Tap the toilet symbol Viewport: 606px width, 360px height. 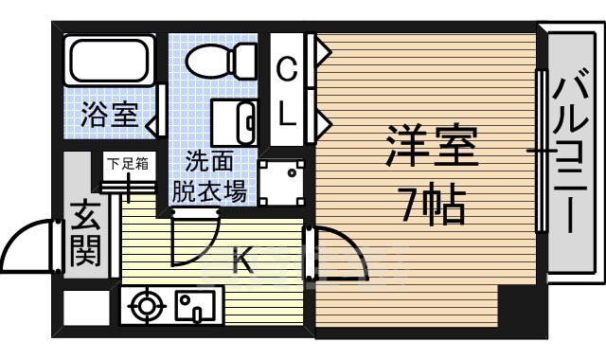(220, 61)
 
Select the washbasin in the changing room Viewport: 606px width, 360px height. (236, 120)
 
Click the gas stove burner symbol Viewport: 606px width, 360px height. (147, 307)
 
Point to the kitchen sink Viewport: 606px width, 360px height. (195, 307)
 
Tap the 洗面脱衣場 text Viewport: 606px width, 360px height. (210, 176)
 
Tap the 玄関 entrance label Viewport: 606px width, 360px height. (84, 236)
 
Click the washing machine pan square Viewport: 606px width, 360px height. (283, 180)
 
